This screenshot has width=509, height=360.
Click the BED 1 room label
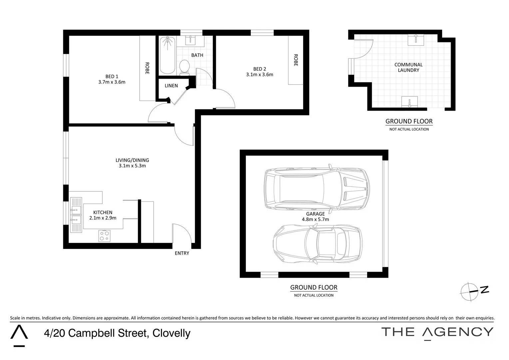click(x=112, y=77)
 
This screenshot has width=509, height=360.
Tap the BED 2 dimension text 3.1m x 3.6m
click(x=259, y=75)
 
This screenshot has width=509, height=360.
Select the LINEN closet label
click(x=171, y=86)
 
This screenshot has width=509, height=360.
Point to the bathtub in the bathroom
click(x=167, y=55)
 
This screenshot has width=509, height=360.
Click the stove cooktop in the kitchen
click(x=104, y=236)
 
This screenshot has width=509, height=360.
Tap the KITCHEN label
click(x=103, y=212)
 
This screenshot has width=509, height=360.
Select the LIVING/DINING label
click(x=132, y=160)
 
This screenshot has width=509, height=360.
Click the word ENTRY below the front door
click(x=182, y=253)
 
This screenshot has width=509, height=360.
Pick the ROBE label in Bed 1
click(x=147, y=68)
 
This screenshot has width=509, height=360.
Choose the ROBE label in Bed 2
click(x=295, y=60)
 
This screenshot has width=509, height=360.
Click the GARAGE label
click(x=315, y=214)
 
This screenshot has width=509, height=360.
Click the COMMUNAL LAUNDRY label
click(x=408, y=67)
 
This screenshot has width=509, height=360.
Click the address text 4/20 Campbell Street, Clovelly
click(x=117, y=333)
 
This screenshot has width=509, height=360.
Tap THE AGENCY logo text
click(x=437, y=332)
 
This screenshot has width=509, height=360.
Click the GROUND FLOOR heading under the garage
click(x=313, y=287)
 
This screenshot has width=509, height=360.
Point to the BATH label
click(x=197, y=55)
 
